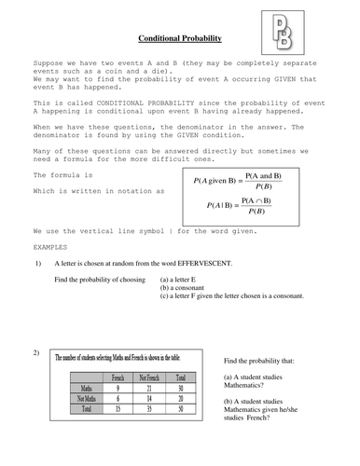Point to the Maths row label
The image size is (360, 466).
pyautogui.click(x=86, y=388)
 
